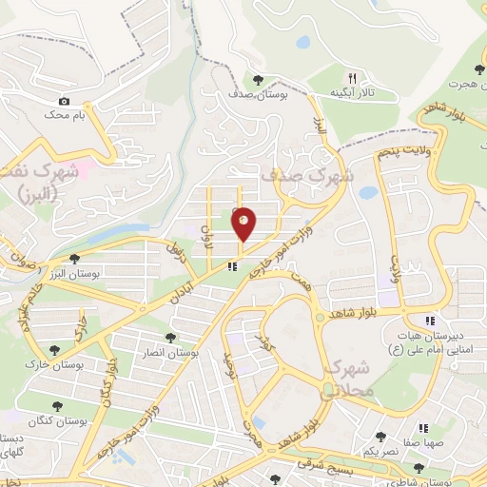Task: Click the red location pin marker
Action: (244, 224)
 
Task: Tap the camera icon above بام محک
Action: (64, 101)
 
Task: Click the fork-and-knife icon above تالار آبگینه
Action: (352, 77)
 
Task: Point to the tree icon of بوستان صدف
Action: (259, 79)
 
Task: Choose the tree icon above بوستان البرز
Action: (74, 259)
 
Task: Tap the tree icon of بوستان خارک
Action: (53, 350)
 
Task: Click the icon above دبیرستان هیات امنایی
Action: (430, 321)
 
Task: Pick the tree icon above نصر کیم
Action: (380, 437)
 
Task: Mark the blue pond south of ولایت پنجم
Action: (367, 192)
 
